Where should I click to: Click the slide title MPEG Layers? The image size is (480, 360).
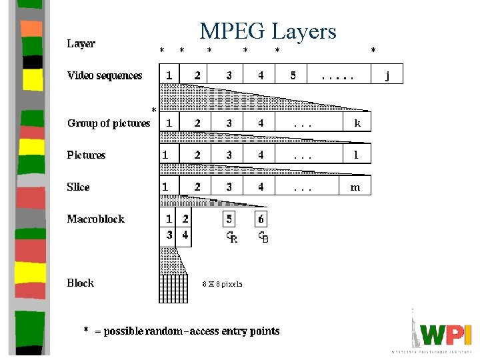269,31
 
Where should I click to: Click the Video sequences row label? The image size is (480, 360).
105,75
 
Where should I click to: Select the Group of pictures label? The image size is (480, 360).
109,123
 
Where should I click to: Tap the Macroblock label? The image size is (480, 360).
95,219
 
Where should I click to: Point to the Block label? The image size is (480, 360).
80,283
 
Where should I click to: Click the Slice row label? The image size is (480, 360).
78,187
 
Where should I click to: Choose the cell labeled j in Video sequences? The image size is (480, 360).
388,75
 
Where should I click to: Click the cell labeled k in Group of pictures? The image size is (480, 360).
357,123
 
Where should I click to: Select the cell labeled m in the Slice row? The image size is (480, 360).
355,187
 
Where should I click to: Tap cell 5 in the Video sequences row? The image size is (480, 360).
293,75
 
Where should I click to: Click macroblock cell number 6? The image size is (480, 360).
261,219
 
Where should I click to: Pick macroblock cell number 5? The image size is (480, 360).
229,219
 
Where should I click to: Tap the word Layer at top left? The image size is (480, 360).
81,43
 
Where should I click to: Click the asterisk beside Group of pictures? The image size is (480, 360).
154,110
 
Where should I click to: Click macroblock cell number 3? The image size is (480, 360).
169,235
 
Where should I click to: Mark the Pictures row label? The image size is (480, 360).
86,155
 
